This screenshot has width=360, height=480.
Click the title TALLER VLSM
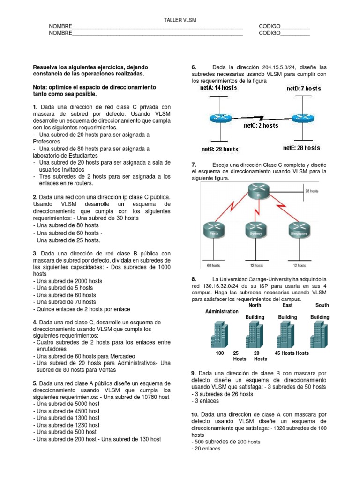click(x=180, y=20)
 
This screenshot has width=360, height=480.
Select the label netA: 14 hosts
click(x=219, y=88)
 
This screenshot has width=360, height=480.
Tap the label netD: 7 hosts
click(x=304, y=88)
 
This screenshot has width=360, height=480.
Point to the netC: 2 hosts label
click(x=261, y=125)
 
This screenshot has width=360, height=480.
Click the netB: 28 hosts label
click(x=220, y=149)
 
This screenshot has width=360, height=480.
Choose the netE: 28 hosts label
click(x=302, y=148)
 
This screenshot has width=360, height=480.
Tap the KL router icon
click(x=257, y=193)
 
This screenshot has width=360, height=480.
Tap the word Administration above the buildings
click(x=222, y=312)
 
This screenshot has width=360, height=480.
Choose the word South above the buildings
click(x=322, y=305)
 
